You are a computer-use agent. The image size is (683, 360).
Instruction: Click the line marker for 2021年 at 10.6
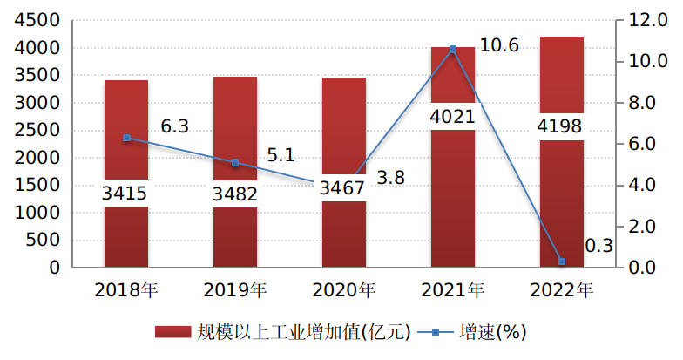tap(453, 50)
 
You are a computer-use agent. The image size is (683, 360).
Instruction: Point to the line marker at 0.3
tap(562, 262)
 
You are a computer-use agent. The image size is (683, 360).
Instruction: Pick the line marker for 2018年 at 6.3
tap(126, 138)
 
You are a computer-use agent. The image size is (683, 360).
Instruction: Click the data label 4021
tap(453, 117)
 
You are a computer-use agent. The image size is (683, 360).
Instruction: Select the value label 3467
tap(344, 187)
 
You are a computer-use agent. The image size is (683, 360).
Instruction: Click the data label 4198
tap(562, 127)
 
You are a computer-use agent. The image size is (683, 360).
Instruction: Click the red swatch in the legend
tap(172, 332)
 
